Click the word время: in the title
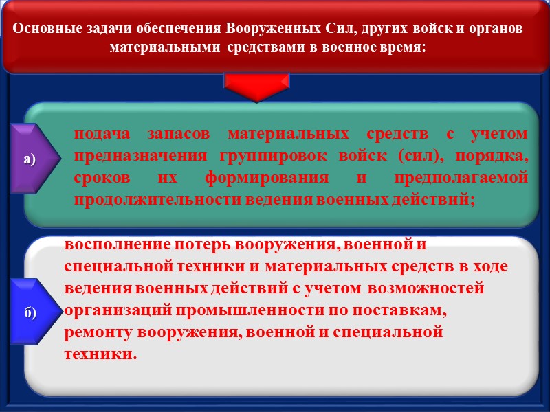[x=400, y=48]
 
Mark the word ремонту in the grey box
[x=98, y=332]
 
